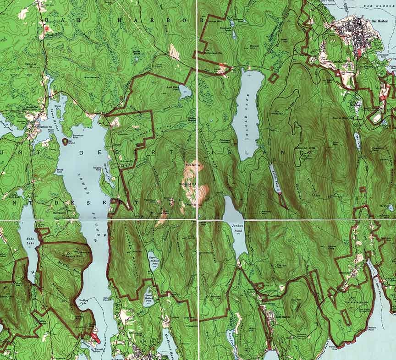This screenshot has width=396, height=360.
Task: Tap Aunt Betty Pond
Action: point(185,91)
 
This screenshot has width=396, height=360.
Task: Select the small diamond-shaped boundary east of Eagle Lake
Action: point(273,78)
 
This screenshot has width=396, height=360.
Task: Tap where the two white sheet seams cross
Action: point(198,220)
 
